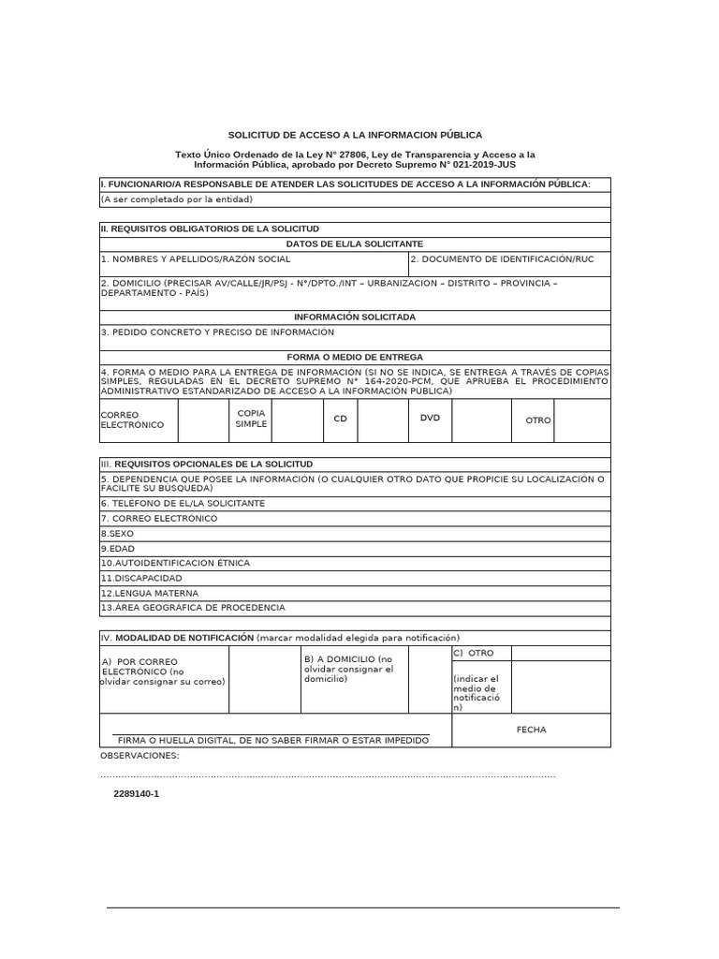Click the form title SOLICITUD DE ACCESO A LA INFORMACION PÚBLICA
coord(355,135)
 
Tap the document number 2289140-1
coord(137,793)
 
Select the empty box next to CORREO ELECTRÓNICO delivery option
coord(203,420)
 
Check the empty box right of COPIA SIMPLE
coord(297,420)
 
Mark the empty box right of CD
coord(382,420)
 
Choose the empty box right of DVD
coord(481,420)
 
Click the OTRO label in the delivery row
coord(538,420)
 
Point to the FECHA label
coord(531,730)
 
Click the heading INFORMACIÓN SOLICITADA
coord(355,317)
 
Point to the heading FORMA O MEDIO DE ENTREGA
coord(355,357)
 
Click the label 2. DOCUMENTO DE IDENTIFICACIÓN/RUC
coord(501,258)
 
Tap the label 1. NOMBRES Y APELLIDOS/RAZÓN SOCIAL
coord(196,258)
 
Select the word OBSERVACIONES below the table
coord(139,756)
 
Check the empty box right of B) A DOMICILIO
coord(429,679)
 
